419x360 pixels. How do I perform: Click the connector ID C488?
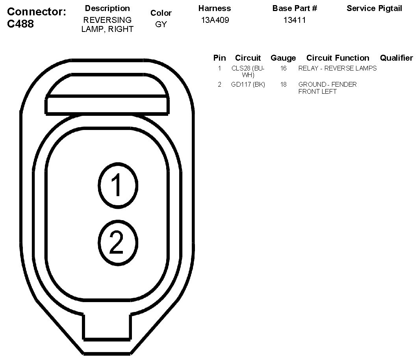[x=20, y=24]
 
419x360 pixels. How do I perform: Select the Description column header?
[x=107, y=8]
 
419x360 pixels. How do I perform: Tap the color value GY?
[x=161, y=24]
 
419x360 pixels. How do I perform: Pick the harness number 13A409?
[x=215, y=20]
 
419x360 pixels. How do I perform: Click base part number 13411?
[x=294, y=20]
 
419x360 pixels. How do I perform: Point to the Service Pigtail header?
[x=374, y=8]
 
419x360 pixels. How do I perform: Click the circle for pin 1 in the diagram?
[x=118, y=186]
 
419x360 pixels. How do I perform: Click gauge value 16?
[x=283, y=68]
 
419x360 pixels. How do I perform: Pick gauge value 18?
[x=283, y=84]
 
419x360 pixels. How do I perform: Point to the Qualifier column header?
[x=396, y=58]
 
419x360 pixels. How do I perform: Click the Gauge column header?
[x=283, y=58]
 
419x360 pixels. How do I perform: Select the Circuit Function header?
[x=337, y=58]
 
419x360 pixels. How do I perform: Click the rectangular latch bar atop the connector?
[x=107, y=106]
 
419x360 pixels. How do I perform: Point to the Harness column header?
[x=215, y=8]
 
